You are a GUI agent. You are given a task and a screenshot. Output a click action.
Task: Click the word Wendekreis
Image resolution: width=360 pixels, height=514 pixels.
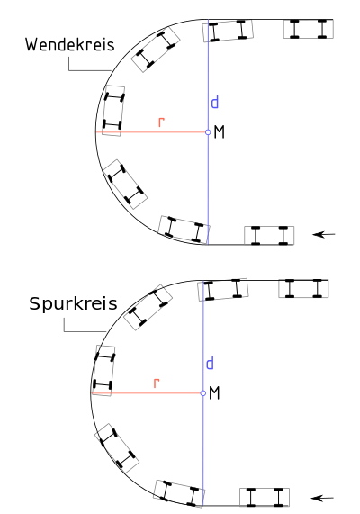click(70, 44)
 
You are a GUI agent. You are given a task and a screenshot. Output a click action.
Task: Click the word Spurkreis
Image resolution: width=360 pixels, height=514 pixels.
click(73, 303)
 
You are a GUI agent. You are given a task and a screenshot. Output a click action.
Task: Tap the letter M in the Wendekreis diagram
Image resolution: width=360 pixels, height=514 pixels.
click(219, 132)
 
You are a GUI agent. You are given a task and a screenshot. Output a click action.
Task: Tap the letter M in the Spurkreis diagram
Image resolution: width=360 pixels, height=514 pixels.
click(214, 392)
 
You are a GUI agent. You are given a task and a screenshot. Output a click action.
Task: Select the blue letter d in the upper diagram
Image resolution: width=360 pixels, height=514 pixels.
click(215, 102)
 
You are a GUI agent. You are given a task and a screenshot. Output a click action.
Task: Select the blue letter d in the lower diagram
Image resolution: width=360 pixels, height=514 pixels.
click(210, 363)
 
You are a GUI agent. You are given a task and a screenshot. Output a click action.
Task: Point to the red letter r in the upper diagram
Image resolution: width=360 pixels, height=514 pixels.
click(161, 122)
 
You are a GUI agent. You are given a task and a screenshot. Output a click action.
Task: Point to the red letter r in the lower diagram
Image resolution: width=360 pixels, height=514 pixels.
click(157, 383)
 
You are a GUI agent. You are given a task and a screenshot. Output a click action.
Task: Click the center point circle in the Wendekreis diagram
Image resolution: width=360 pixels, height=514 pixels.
click(208, 132)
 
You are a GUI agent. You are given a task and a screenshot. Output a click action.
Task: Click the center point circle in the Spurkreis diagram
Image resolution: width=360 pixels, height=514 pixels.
click(203, 393)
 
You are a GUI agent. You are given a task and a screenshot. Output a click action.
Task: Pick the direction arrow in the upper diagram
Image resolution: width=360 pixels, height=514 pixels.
click(324, 234)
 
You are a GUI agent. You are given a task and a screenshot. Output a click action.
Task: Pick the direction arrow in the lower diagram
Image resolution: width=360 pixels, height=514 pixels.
click(322, 499)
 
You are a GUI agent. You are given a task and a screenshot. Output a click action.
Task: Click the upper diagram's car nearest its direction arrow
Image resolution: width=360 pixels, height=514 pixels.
click(269, 235)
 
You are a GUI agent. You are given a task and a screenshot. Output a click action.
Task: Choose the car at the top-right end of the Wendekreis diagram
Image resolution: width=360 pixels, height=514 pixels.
click(309, 29)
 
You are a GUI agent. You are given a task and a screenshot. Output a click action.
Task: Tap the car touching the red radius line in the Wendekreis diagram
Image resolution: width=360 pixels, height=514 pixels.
click(113, 111)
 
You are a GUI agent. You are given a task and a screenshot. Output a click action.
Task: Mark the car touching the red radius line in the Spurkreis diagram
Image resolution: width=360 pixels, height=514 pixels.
click(103, 371)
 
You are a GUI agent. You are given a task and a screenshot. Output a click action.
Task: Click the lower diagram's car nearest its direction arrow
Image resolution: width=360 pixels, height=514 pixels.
click(265, 497)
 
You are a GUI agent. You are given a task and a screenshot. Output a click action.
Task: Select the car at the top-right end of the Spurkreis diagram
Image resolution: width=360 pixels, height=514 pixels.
click(303, 288)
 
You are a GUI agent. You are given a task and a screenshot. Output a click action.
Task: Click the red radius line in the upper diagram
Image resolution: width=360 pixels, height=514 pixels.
click(152, 132)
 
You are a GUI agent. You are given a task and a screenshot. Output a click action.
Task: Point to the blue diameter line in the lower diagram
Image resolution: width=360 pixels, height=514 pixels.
click(203, 393)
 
